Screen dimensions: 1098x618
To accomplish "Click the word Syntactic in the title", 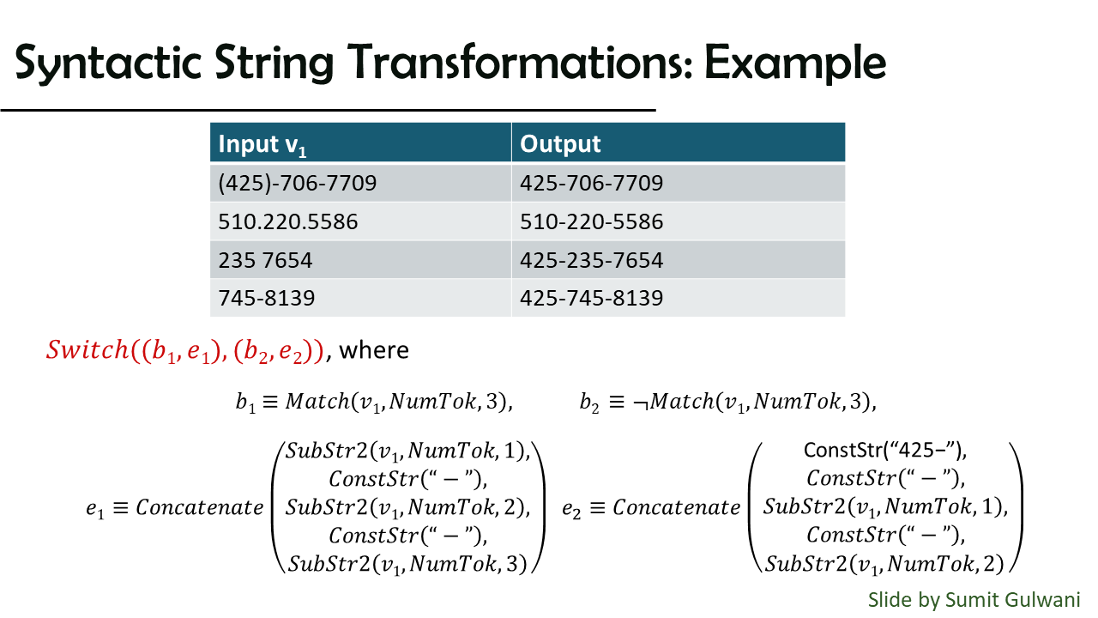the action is point(108,64).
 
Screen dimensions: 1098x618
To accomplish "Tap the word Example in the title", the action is point(795,64).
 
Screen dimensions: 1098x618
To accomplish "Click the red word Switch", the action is point(87,350).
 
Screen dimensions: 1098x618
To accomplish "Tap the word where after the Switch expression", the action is point(374,350).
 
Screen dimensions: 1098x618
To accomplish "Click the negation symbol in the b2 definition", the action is point(641,403).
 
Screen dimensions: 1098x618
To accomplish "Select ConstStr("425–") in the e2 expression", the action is point(885,451).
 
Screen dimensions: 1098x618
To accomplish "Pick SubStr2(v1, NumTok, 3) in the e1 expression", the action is point(407,564).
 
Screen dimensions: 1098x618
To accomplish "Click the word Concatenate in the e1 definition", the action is point(200,507).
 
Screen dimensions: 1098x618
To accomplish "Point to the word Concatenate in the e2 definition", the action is point(677,507).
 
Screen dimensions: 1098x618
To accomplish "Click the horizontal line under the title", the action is point(328,111).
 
